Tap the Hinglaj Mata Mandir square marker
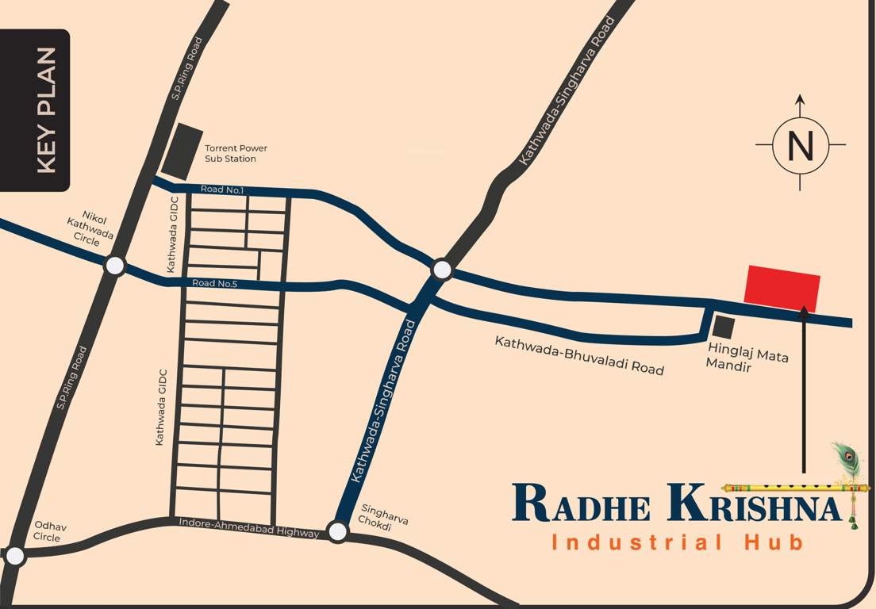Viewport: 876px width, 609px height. point(723,327)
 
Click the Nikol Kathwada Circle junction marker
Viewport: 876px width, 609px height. point(115,266)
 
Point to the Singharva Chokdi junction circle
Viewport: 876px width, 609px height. point(338,531)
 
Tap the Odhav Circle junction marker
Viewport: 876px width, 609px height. point(14,556)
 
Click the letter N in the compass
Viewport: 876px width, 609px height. point(800,146)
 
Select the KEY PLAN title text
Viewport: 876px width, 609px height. point(47,110)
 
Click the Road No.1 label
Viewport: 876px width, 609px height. point(222,190)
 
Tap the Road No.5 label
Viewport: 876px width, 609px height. point(214,283)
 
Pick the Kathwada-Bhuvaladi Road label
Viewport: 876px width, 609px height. point(579,355)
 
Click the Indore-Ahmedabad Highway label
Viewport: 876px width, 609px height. point(249,527)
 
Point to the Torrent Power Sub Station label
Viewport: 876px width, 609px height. point(236,153)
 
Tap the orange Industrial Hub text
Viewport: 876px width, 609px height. point(678,542)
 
